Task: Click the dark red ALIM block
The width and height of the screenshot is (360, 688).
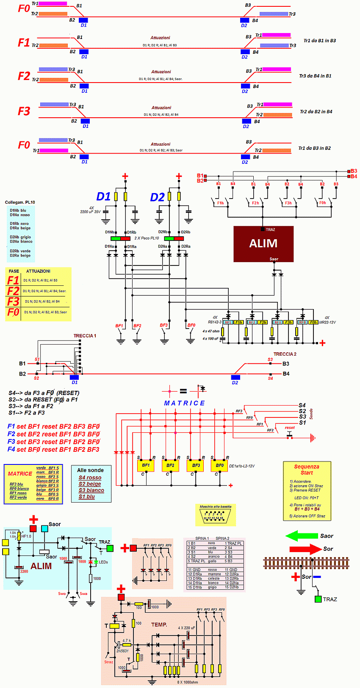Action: point(263,243)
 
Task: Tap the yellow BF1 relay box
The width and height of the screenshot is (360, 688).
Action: point(146,465)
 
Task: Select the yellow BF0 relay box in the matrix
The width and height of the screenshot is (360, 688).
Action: point(219,465)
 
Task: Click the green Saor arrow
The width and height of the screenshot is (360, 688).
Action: point(302,536)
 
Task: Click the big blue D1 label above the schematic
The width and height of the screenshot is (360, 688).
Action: point(103,197)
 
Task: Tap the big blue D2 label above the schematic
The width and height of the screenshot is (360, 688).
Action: point(157,197)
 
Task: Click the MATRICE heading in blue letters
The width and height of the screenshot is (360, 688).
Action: point(184,403)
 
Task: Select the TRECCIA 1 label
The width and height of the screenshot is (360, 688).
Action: point(85,336)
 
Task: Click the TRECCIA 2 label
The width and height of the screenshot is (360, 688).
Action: point(285,354)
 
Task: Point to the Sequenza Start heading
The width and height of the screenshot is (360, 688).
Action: point(307,470)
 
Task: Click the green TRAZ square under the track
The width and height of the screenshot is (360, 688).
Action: point(318,599)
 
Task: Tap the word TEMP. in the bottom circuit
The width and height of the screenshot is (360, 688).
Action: point(159,624)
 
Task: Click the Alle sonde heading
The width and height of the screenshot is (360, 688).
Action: point(90,470)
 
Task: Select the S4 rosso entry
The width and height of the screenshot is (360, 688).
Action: point(90,478)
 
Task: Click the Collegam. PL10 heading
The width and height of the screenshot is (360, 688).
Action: point(20,202)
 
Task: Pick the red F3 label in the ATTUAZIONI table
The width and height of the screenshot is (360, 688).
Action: point(13,301)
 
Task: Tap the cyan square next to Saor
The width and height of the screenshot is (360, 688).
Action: point(44,528)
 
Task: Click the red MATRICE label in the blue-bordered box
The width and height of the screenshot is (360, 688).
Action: point(20,474)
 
